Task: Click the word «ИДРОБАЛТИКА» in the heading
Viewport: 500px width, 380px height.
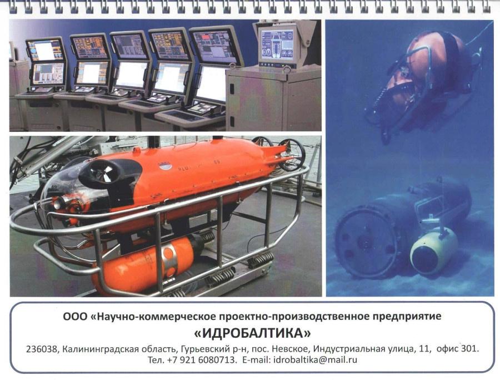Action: coord(252,333)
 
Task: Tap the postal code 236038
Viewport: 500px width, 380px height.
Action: coord(42,349)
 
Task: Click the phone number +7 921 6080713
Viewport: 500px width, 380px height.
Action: coord(202,360)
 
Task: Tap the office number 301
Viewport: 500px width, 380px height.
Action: coord(469,348)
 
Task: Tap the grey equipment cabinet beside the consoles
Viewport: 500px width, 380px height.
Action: coord(273,100)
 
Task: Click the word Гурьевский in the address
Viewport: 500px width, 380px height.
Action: coord(203,349)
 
